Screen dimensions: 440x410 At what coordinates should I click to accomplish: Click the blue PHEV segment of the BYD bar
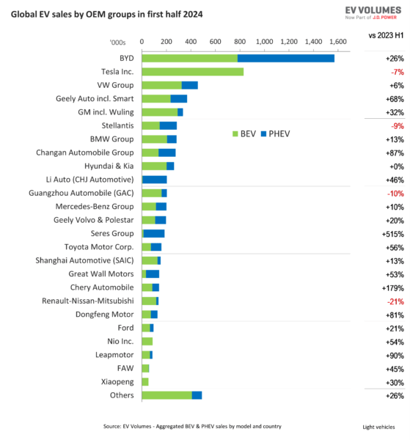click(285, 58)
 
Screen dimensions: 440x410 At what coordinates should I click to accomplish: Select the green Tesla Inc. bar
click(192, 72)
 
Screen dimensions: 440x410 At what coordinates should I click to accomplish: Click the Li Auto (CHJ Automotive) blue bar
click(155, 180)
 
